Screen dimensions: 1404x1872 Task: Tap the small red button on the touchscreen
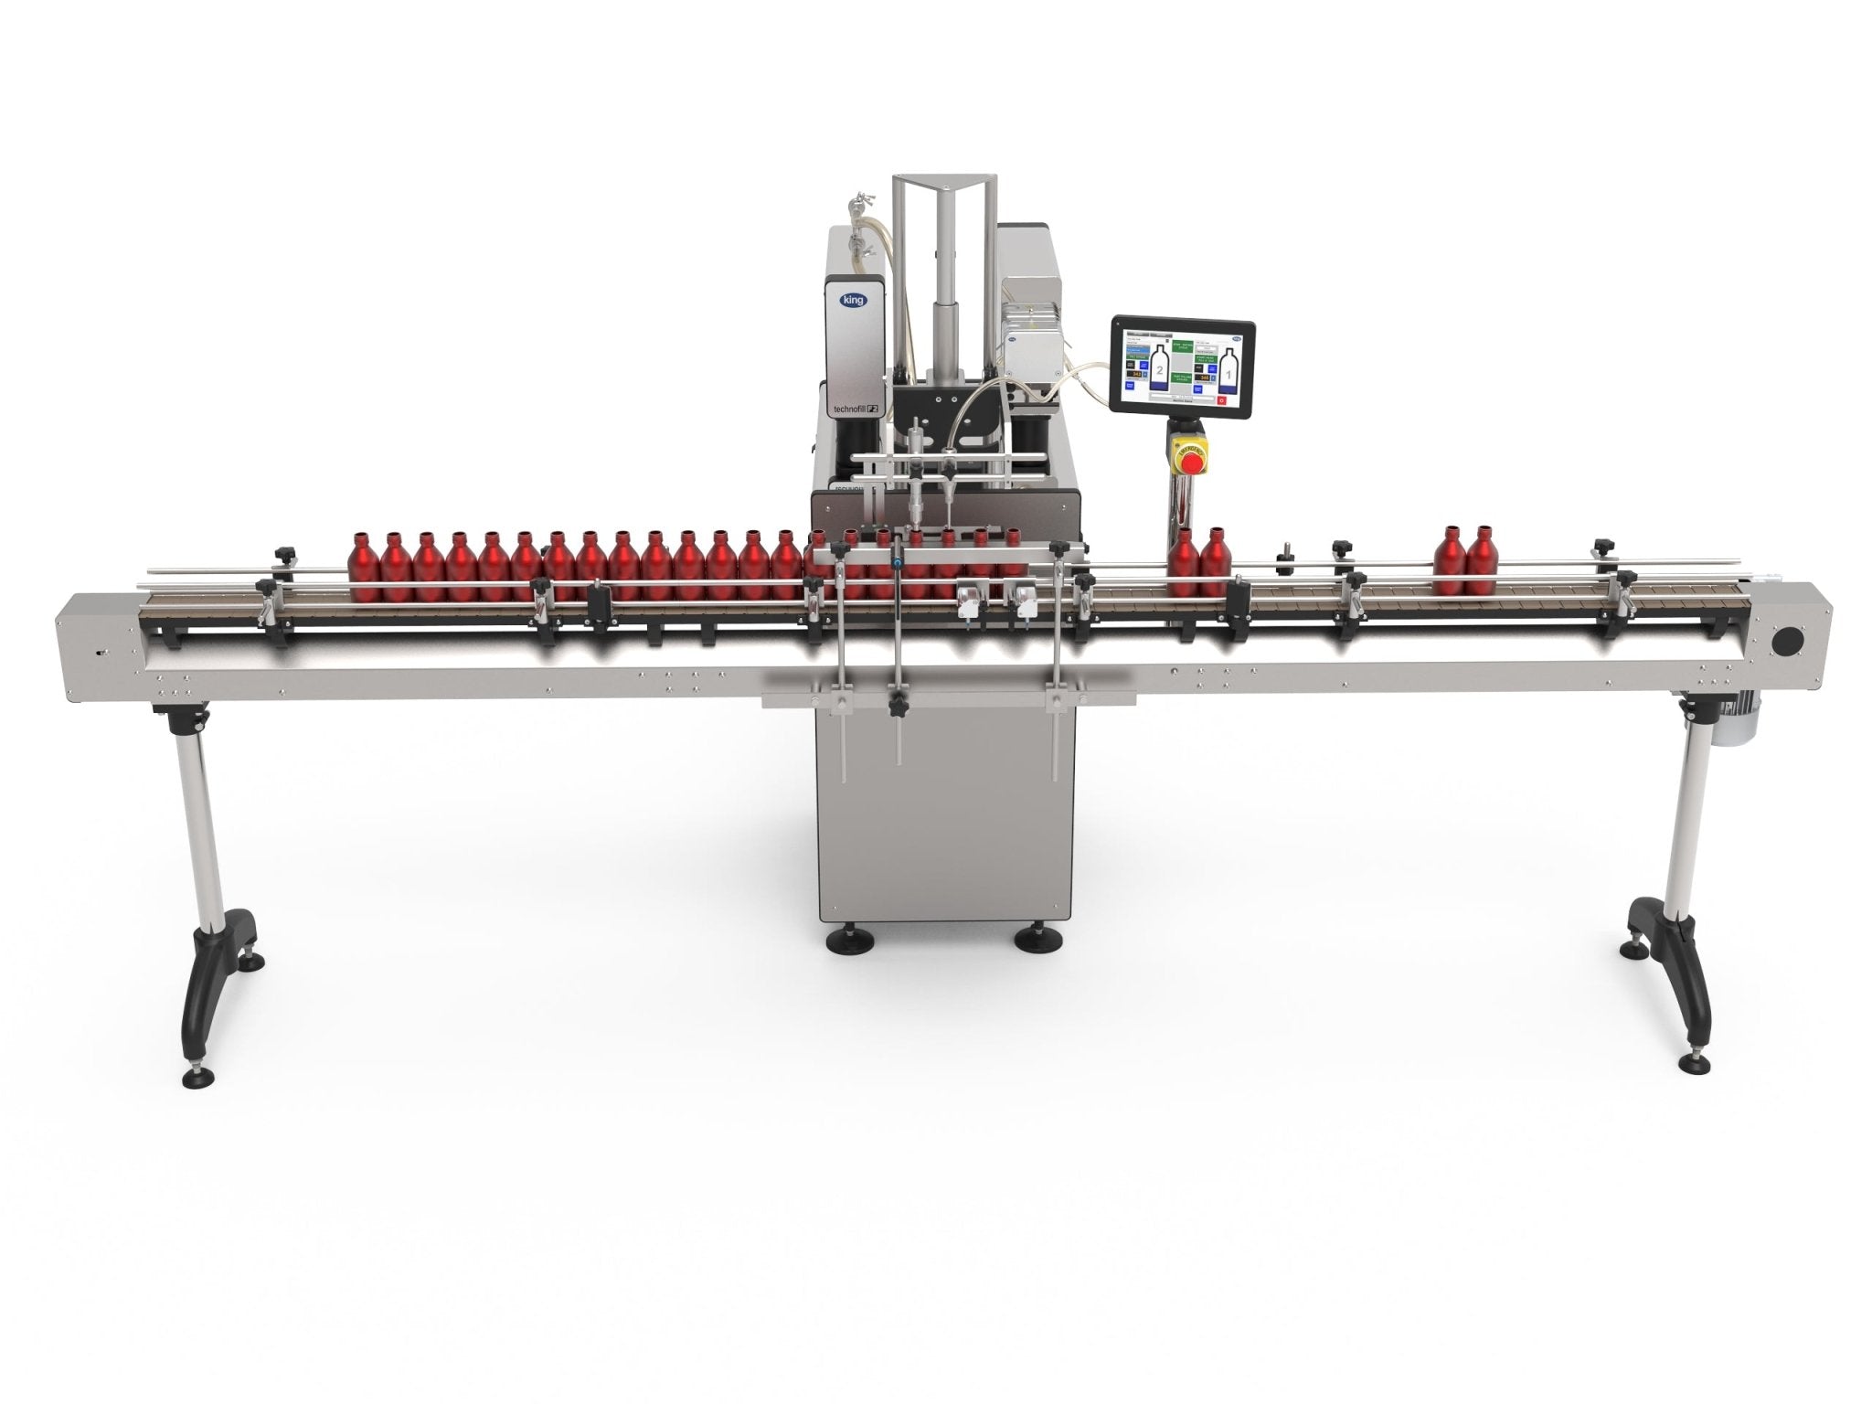[1223, 399]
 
